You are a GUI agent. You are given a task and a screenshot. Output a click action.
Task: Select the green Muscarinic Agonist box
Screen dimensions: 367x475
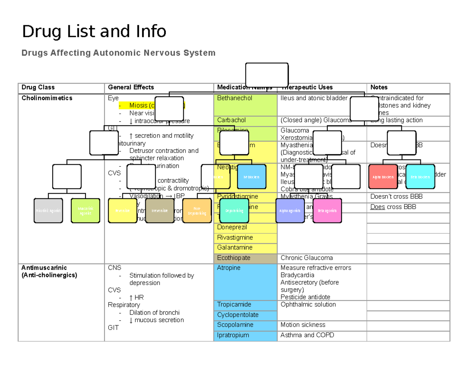tap(85, 211)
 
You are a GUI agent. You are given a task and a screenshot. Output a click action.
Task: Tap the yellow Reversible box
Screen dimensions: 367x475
tap(123, 211)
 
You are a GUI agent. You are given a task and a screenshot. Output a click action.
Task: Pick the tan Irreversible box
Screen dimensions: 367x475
tap(160, 211)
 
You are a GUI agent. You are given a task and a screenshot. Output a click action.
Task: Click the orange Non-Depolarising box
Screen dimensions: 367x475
tap(197, 211)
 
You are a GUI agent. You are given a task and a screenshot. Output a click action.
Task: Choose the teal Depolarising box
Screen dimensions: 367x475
tap(234, 211)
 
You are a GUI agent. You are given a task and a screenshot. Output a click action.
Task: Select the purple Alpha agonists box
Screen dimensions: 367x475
tap(290, 211)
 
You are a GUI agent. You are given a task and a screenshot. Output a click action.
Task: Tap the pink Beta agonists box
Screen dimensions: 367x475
tap(327, 211)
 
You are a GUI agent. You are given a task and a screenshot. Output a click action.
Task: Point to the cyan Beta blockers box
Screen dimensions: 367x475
tap(420, 177)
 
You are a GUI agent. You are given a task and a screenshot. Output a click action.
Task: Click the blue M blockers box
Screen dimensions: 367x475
tap(251, 177)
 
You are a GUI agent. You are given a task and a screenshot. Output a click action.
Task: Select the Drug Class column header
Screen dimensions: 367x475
tap(38, 87)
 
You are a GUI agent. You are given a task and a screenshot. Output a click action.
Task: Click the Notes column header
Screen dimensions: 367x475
tap(379, 87)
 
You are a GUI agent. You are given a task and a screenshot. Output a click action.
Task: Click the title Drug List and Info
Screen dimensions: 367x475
tap(94, 31)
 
